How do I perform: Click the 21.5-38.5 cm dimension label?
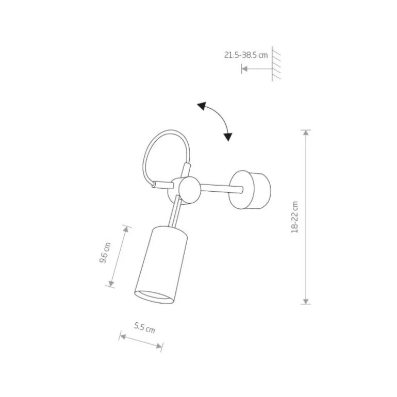point(246,55)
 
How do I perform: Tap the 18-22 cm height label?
point(295,217)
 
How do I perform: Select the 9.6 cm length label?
point(105,253)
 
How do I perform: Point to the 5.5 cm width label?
point(144,327)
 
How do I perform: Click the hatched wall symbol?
point(276,64)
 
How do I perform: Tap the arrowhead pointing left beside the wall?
point(244,69)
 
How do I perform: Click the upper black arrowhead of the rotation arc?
point(202,106)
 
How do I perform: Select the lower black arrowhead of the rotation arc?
point(227,137)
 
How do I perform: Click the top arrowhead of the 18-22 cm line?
point(306,133)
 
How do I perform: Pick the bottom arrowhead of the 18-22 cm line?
point(306,301)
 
